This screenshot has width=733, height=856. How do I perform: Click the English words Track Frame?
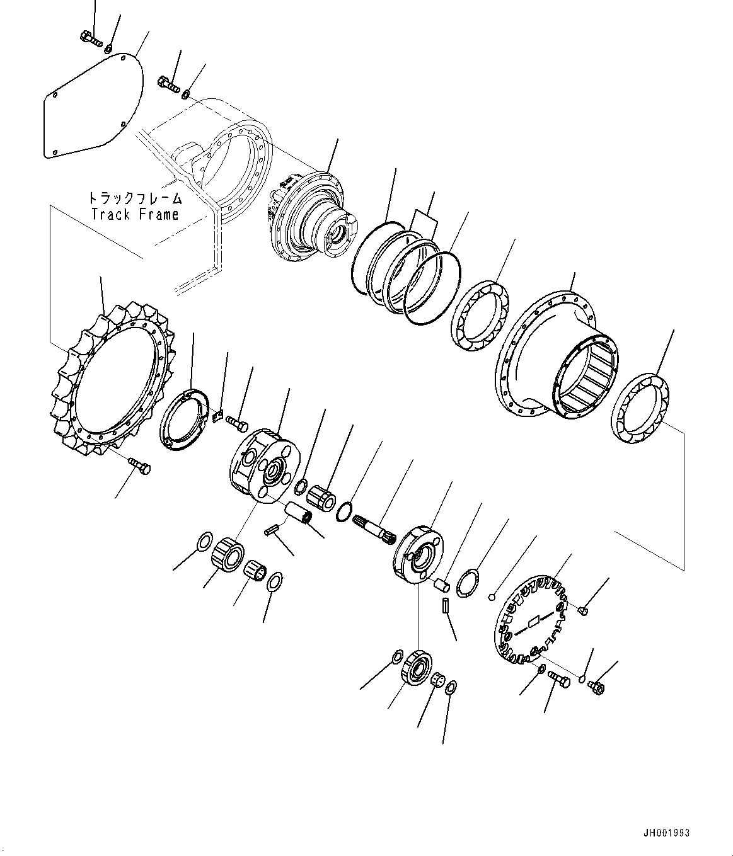(x=134, y=214)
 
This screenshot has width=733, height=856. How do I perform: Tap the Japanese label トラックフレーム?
(x=134, y=198)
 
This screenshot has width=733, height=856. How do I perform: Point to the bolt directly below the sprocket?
(x=140, y=465)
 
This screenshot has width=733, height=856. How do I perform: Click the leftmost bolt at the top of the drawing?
(x=91, y=40)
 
